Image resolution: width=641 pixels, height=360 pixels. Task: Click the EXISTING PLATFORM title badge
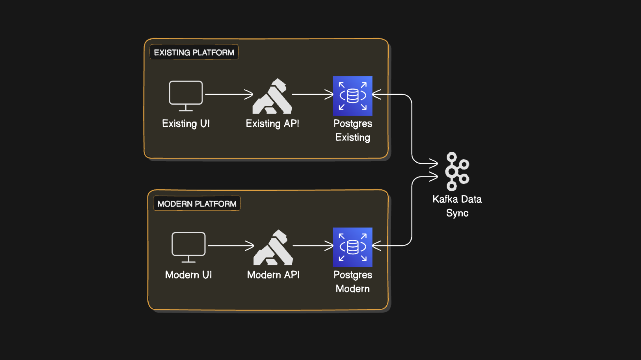click(194, 52)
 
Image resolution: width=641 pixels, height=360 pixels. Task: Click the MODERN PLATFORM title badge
click(197, 204)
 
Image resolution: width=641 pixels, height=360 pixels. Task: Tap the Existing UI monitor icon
click(186, 96)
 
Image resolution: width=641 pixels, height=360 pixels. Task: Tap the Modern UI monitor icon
click(189, 247)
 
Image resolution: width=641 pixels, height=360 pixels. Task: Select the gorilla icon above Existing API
click(272, 97)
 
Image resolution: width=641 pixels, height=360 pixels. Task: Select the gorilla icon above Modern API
click(273, 248)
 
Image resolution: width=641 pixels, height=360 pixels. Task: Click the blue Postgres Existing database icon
click(353, 96)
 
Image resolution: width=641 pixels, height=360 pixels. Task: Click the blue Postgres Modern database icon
click(353, 247)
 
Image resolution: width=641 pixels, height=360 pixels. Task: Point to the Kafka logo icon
click(457, 172)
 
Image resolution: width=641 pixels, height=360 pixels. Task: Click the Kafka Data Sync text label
click(457, 206)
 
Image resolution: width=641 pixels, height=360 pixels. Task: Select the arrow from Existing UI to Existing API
click(229, 94)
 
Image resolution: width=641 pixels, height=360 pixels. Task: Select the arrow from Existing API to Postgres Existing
click(312, 94)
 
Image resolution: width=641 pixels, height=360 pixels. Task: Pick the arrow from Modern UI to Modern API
click(230, 246)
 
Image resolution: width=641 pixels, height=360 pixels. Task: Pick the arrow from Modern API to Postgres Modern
click(313, 246)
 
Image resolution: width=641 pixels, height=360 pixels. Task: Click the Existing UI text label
click(186, 123)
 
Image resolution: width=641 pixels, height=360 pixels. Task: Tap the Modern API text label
click(273, 275)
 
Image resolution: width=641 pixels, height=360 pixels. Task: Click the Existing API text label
click(272, 123)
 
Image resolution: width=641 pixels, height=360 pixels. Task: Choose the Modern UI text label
click(189, 275)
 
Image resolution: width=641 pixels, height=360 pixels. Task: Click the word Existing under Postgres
click(353, 137)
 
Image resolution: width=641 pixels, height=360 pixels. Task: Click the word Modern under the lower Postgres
click(353, 289)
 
